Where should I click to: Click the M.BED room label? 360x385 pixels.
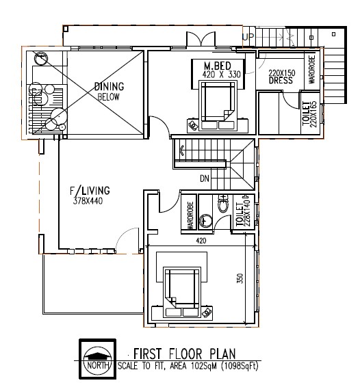218,66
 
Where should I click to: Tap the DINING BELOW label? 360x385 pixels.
109,91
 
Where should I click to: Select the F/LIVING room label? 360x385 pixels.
90,191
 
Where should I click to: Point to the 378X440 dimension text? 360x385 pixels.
88,201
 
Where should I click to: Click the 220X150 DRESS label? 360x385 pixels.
281,77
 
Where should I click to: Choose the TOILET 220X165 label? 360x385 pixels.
309,114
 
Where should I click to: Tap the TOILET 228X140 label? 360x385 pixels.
243,213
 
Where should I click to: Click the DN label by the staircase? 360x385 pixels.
205,178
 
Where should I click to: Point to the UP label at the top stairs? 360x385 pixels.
248,36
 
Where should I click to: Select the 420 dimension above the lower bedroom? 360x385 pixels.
201,241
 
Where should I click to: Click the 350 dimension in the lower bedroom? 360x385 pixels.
240,278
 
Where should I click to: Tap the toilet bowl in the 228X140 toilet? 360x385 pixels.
223,204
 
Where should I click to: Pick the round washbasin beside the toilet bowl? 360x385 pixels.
205,220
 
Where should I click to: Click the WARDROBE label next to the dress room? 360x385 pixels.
311,70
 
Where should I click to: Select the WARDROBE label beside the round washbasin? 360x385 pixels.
190,215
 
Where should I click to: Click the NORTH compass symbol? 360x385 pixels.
98,360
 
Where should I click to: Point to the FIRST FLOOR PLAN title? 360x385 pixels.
185,354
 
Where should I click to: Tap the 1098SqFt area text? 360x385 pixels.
240,366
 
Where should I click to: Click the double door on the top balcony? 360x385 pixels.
201,39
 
